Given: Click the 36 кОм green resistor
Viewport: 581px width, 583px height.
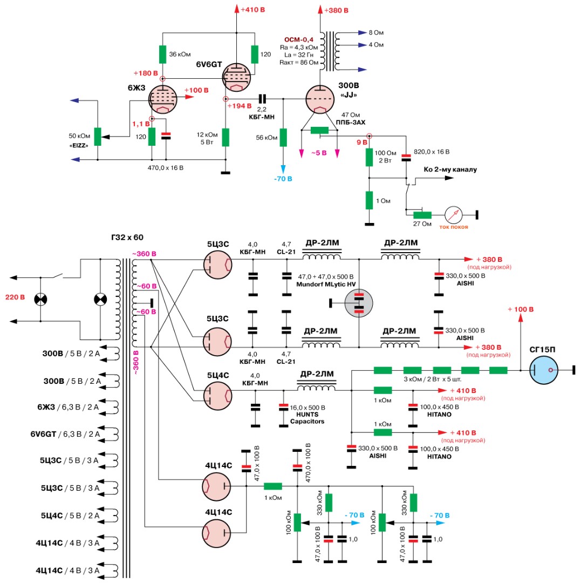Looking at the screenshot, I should (162, 55).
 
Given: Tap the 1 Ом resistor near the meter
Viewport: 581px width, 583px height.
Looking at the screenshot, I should (369, 200).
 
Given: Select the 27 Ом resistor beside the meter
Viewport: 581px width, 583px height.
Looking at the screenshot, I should (423, 215).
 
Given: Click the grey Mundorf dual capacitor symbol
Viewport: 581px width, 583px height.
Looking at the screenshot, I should (359, 303).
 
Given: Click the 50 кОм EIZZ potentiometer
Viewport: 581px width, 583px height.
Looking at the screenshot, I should (97, 136).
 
